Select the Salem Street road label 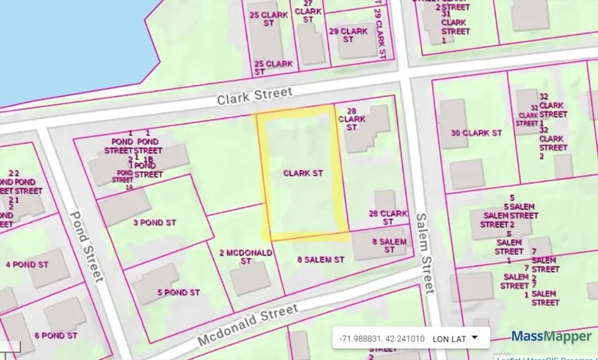[x=425, y=253]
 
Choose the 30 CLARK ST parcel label [x=476, y=133]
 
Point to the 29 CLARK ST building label [x=348, y=35]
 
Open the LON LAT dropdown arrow [x=474, y=337]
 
